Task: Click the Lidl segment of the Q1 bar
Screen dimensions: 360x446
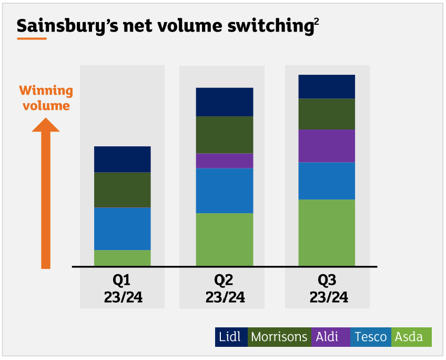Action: pyautogui.click(x=122, y=159)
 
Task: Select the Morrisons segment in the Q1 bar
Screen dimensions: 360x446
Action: pyautogui.click(x=122, y=189)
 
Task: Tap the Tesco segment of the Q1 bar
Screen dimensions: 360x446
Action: pyautogui.click(x=122, y=228)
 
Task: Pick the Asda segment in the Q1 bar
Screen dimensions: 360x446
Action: pyautogui.click(x=122, y=257)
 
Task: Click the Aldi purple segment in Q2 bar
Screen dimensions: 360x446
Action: pyautogui.click(x=225, y=161)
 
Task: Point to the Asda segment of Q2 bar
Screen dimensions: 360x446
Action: pyautogui.click(x=225, y=239)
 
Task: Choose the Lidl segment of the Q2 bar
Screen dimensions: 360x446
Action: pyautogui.click(x=225, y=102)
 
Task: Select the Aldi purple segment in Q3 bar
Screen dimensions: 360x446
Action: pyautogui.click(x=327, y=146)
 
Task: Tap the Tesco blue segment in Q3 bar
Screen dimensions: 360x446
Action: pyautogui.click(x=327, y=181)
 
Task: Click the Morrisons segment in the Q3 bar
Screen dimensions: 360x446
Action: pyautogui.click(x=327, y=114)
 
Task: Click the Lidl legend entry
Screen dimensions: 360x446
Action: pyautogui.click(x=231, y=337)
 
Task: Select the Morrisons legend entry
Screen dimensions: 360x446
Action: pyautogui.click(x=279, y=337)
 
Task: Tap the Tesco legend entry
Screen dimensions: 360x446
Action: pyautogui.click(x=371, y=337)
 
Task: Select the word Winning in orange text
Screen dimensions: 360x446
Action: pyautogui.click(x=46, y=91)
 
